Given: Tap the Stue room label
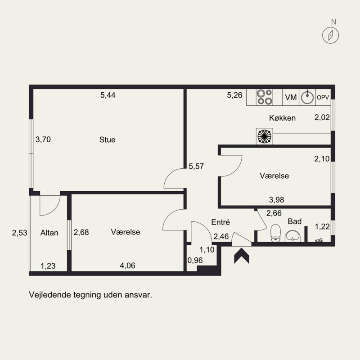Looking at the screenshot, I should coord(107,139).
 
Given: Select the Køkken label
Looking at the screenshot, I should coord(282,118).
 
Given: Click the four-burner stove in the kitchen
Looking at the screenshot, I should coord(264,97).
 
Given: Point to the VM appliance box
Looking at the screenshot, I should coord(291,97).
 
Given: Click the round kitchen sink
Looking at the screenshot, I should coord(307,97).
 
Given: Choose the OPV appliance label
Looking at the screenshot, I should coord(323,97).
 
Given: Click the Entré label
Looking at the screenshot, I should coord(221,222).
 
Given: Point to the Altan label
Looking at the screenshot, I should coord(49,233).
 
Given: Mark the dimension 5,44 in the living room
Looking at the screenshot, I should coord(108,95).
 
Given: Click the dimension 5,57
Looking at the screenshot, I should coord(196,166).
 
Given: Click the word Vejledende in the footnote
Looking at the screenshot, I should coord(48,296).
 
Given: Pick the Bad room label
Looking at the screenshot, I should coord(295,221).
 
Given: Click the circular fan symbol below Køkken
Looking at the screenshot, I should coord(264,136).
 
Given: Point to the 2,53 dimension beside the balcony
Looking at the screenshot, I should coord(19,233).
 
